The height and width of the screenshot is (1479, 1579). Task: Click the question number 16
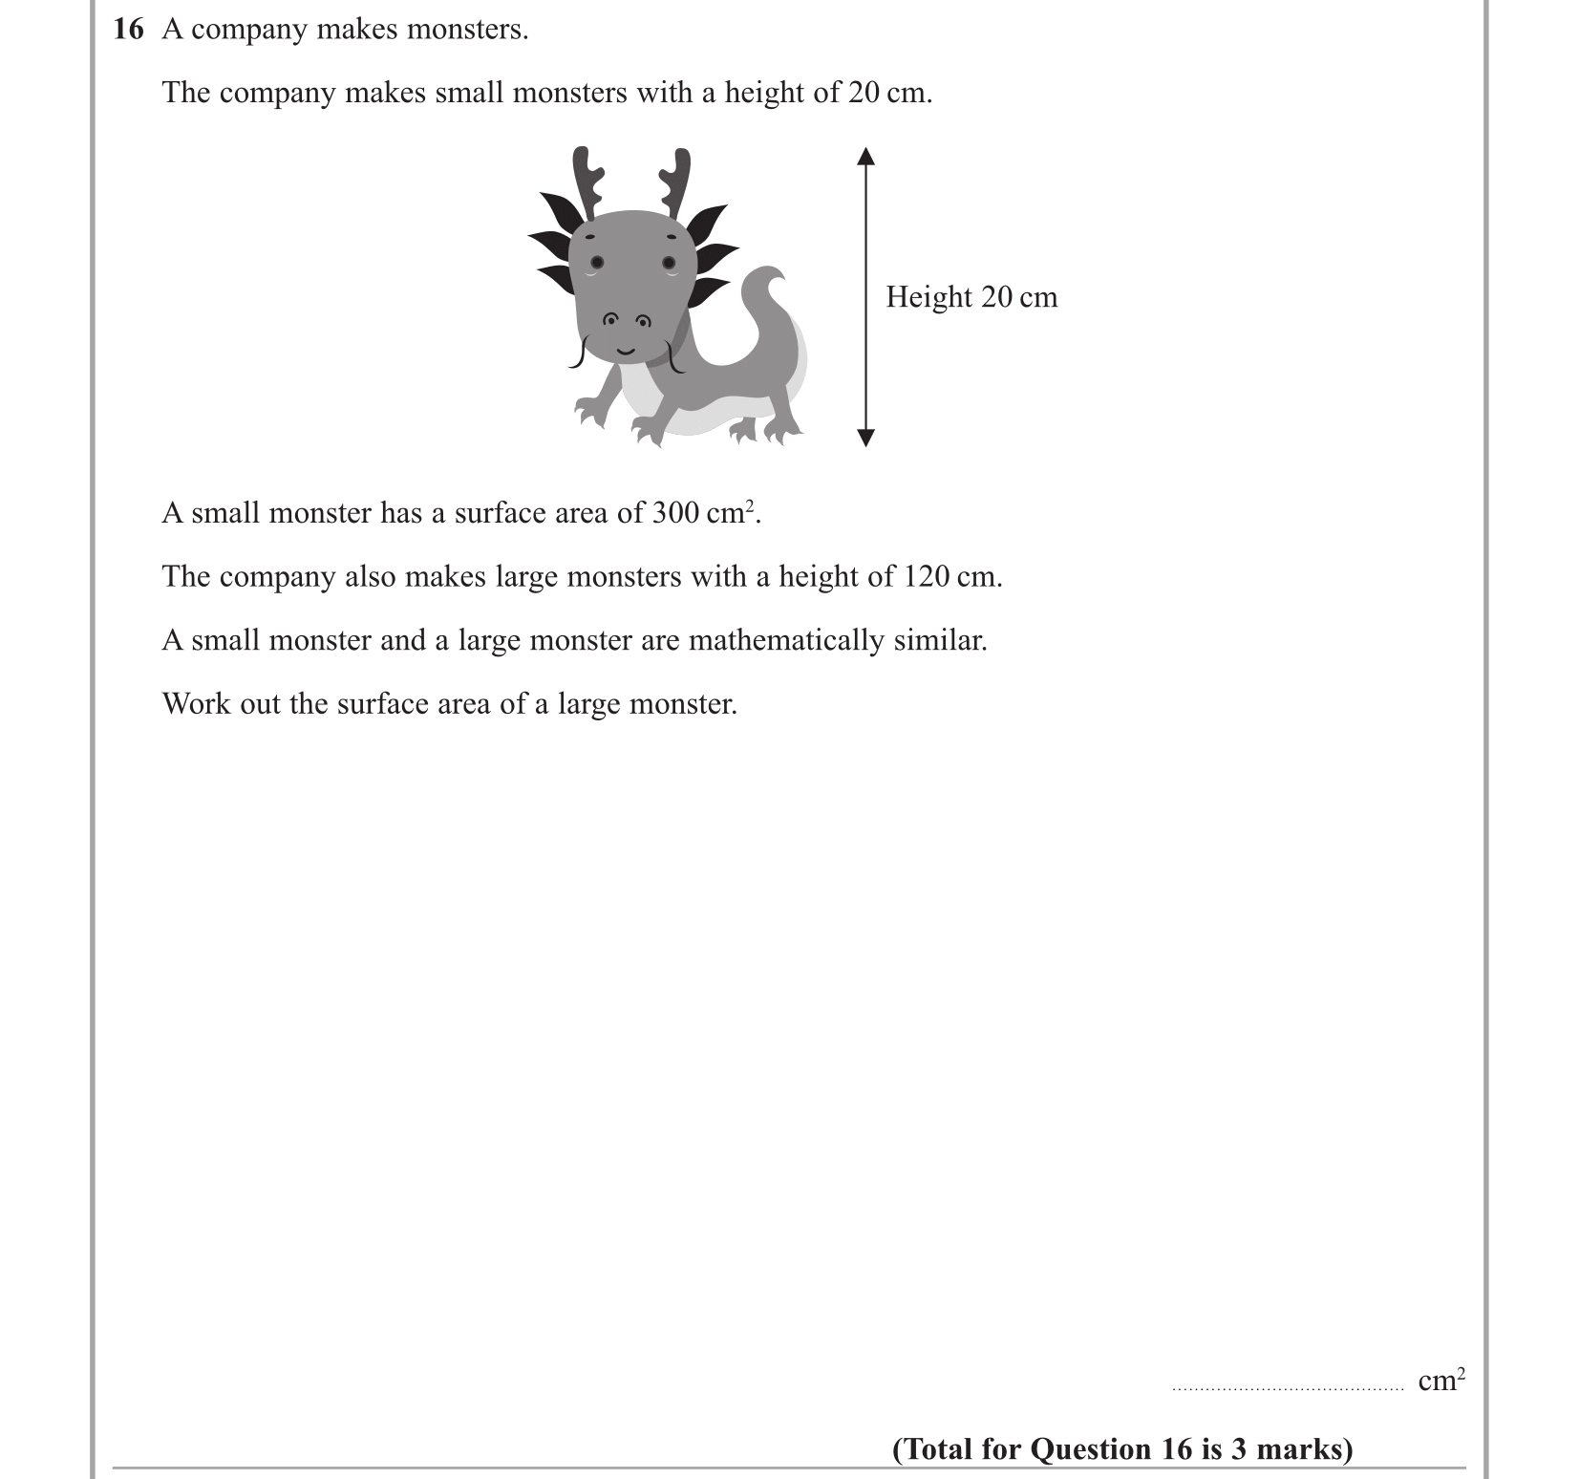128,30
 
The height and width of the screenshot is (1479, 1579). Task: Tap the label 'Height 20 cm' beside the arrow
971,297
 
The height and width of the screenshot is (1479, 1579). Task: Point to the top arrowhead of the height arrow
865,156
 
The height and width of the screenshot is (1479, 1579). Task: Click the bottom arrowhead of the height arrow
865,439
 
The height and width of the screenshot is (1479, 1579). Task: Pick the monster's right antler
675,181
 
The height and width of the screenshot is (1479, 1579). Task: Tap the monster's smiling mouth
625,351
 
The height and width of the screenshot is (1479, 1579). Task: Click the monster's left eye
597,262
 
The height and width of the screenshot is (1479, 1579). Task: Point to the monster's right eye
670,263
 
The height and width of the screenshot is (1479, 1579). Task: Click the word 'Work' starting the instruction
196,704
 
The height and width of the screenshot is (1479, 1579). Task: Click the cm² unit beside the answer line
1440,1381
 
